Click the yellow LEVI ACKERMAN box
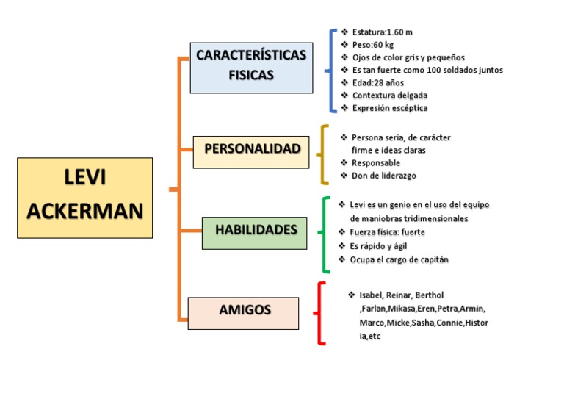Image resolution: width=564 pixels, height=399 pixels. tap(84, 197)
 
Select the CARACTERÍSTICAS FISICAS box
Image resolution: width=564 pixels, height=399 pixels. tap(251, 66)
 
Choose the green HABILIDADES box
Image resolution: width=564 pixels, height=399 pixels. tap(254, 231)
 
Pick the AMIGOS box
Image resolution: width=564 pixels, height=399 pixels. tap(243, 312)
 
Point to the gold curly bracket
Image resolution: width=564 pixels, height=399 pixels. tap(324, 154)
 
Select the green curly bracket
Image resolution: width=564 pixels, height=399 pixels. tap(324, 233)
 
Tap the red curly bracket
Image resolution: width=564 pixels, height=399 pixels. tap(320, 313)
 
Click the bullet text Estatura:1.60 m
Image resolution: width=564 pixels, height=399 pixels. tap(382, 32)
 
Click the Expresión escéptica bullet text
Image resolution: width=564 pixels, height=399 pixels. tap(389, 108)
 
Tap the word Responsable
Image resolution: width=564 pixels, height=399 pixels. tap(375, 163)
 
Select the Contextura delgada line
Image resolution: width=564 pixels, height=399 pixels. tap(389, 96)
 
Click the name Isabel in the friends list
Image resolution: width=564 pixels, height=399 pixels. tap(372, 295)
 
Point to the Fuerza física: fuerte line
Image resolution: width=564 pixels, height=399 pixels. tap(387, 232)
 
